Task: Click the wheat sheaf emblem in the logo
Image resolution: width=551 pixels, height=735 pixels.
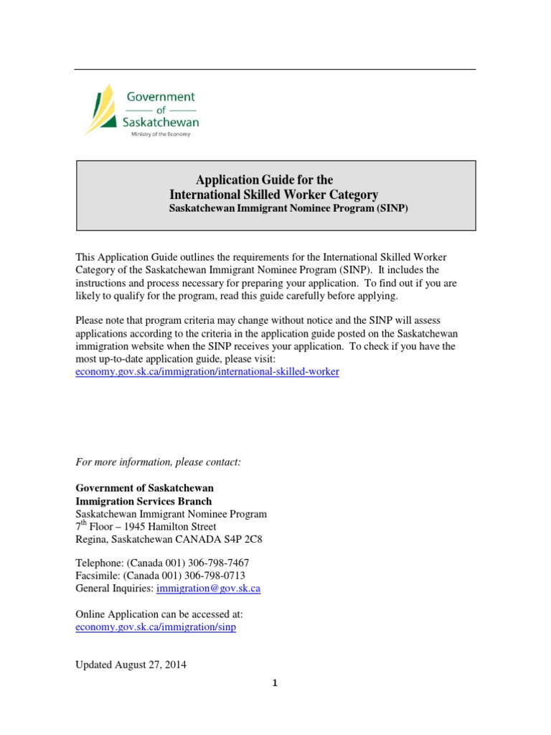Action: click(x=100, y=109)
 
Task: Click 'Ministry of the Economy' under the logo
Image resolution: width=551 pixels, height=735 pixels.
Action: click(x=160, y=134)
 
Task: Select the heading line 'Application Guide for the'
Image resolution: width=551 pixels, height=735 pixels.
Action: click(x=265, y=180)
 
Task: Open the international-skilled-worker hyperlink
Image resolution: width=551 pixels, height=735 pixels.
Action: click(x=207, y=372)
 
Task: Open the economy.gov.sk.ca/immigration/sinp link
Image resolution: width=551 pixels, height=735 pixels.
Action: click(x=156, y=627)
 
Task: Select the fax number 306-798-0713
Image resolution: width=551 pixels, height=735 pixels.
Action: click(x=212, y=576)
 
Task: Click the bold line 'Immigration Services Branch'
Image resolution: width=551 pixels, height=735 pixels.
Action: click(x=143, y=501)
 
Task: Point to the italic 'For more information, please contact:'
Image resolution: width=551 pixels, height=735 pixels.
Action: click(x=159, y=462)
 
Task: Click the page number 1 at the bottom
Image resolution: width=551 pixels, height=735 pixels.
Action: click(x=275, y=683)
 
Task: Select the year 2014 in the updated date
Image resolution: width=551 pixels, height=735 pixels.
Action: click(x=174, y=665)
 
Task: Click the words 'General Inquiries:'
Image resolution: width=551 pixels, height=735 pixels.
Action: click(x=114, y=589)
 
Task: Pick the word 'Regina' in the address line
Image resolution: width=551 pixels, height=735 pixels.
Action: click(x=91, y=540)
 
